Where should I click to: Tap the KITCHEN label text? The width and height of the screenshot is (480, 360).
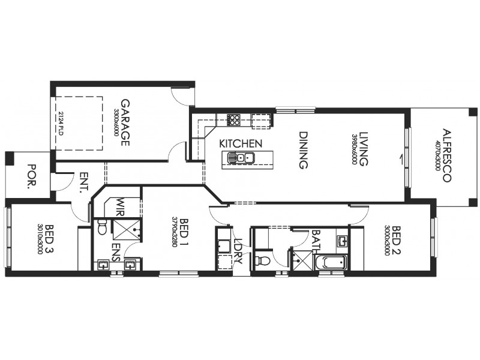(x=240, y=144)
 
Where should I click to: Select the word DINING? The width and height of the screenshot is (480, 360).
(x=303, y=151)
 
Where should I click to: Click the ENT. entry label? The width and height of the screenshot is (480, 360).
(x=82, y=183)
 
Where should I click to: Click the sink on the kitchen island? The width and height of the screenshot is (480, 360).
(x=240, y=158)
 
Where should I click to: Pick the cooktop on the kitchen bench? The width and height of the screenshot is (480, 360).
(x=234, y=120)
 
